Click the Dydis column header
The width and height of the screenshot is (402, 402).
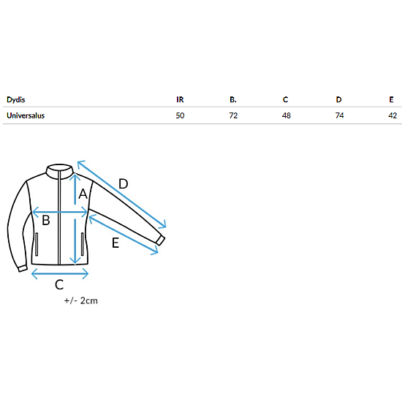[15, 99]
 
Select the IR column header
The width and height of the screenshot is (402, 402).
[180, 99]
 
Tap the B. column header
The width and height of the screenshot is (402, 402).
[233, 99]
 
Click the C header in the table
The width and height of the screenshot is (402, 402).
[285, 99]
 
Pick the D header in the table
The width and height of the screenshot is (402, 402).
[338, 99]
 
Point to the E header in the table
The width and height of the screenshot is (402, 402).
[391, 99]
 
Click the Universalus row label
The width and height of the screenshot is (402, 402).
[26, 115]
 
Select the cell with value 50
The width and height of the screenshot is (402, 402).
[180, 115]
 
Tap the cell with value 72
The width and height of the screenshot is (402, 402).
[233, 115]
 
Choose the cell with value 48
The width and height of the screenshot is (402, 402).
[287, 115]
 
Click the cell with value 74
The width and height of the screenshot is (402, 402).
[339, 115]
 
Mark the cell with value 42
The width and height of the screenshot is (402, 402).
[392, 115]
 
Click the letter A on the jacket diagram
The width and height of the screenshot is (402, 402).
[83, 194]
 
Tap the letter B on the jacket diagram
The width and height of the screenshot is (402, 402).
[46, 220]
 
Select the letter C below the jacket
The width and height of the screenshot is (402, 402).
[59, 284]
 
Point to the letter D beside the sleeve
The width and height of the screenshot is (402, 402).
[124, 183]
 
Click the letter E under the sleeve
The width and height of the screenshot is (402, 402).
[115, 243]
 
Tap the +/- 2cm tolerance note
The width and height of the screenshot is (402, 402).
[81, 300]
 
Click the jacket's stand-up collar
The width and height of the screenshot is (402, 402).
[59, 171]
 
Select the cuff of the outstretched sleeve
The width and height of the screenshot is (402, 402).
[161, 240]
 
